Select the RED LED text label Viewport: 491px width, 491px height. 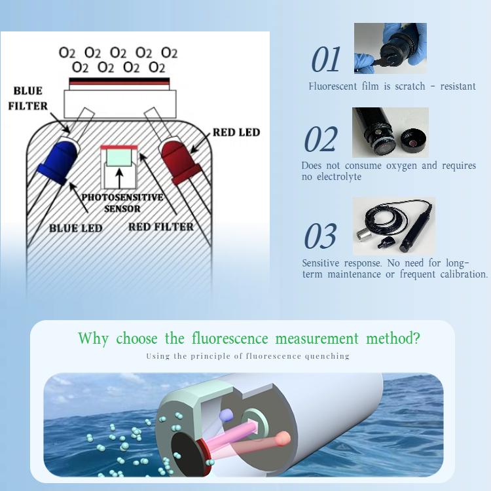(236, 132)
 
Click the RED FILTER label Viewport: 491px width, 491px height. (161, 227)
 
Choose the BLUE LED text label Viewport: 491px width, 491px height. (75, 228)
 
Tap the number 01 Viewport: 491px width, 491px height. (326, 60)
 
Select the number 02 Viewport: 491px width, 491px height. (321, 140)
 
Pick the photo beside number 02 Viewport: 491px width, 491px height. (390, 133)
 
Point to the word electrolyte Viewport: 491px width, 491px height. (336, 177)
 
